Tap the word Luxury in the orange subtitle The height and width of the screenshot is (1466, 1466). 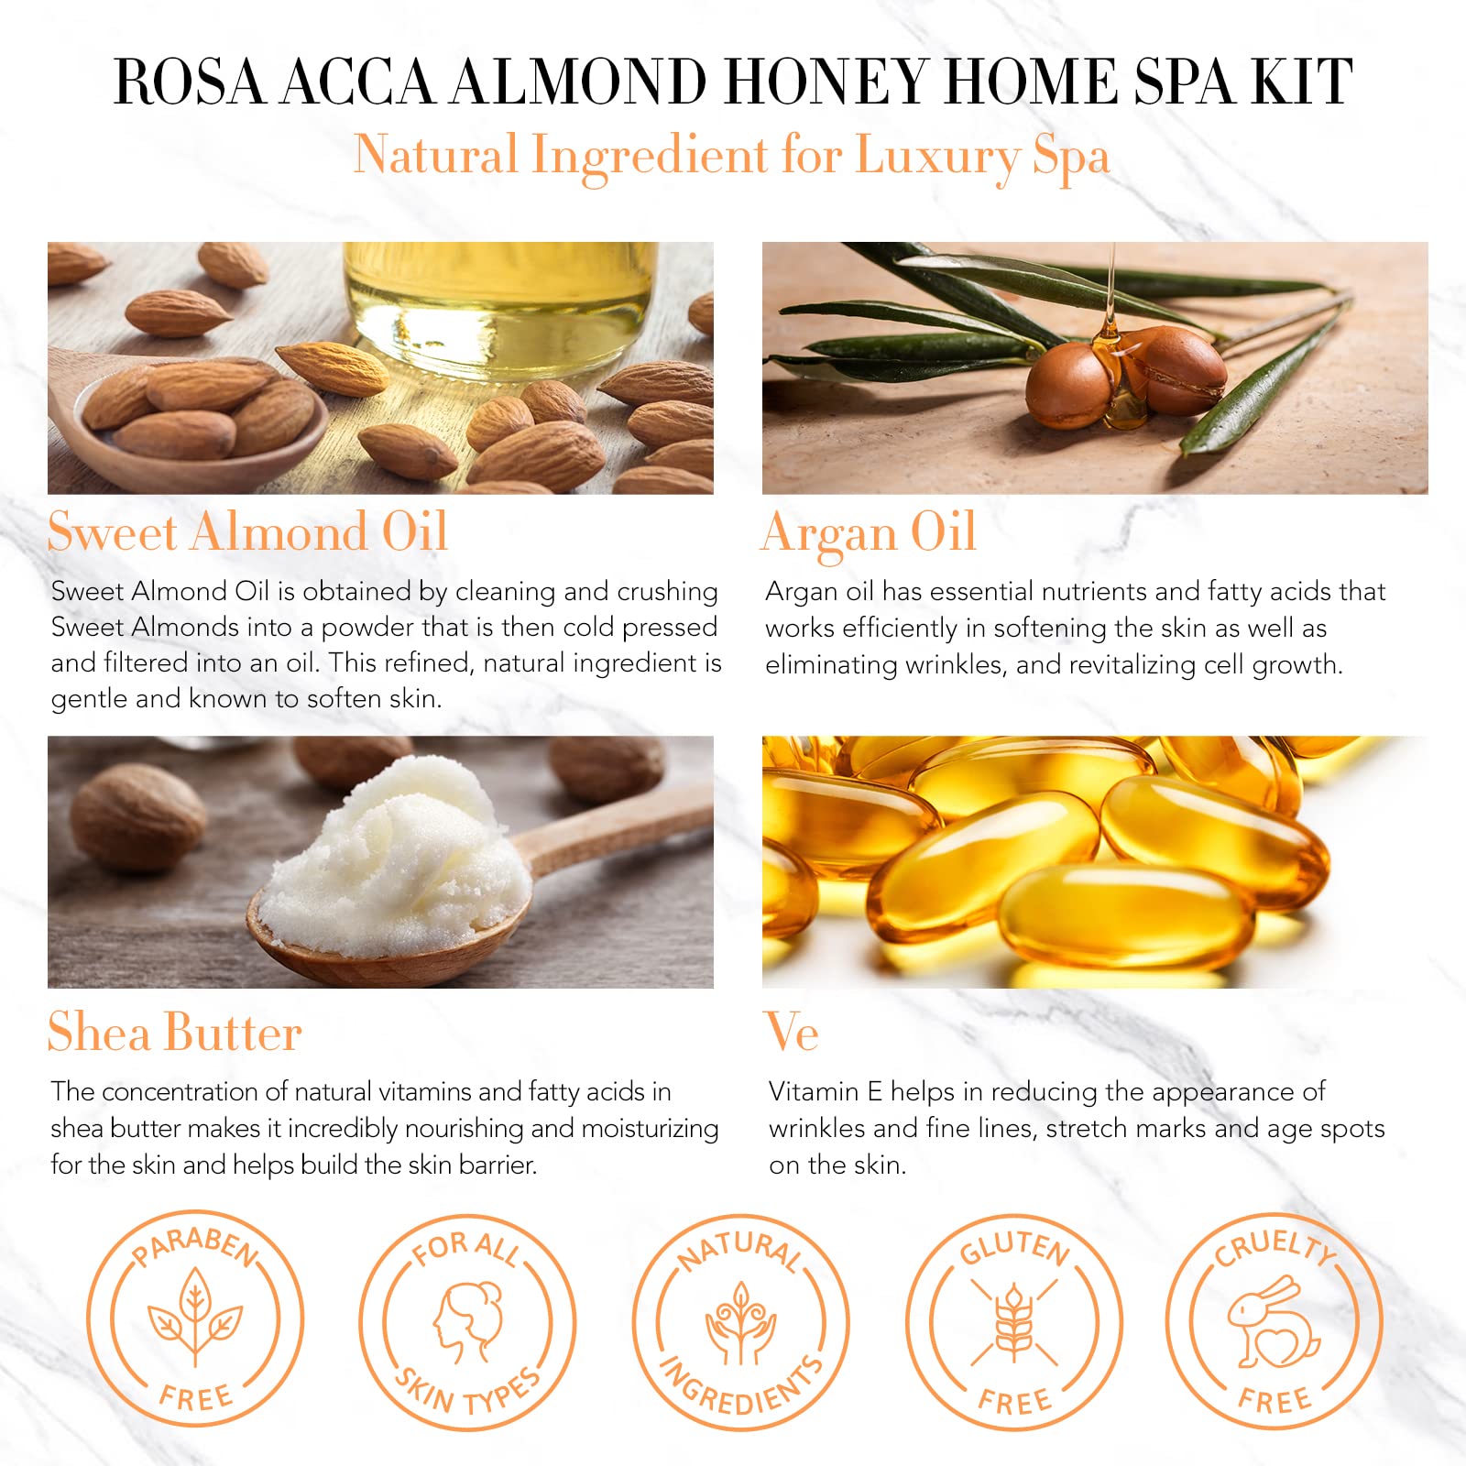click(x=936, y=156)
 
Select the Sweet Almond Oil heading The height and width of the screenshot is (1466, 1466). click(x=247, y=531)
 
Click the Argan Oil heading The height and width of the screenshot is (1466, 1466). click(x=870, y=533)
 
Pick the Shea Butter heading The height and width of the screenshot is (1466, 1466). click(x=175, y=1032)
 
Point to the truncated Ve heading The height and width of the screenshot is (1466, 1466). click(x=792, y=1033)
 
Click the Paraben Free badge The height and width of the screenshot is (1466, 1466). click(x=195, y=1319)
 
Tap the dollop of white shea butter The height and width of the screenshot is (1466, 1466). click(x=394, y=857)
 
